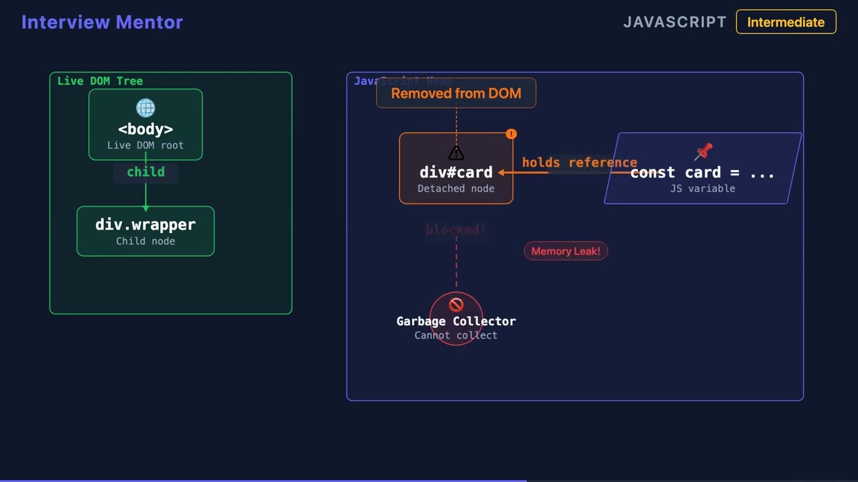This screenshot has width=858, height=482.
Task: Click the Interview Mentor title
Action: point(102,22)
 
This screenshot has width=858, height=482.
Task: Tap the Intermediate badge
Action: point(786,22)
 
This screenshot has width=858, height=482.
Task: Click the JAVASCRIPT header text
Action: point(674,22)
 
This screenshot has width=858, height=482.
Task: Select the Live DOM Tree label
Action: point(100,81)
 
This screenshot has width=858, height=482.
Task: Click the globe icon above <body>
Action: point(145,108)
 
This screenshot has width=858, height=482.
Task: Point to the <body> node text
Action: point(145,129)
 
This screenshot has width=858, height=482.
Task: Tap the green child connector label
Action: point(145,172)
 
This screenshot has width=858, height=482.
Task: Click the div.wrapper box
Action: point(145,231)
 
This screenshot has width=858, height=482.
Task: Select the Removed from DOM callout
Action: point(456,94)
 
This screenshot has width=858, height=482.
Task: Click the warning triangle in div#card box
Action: point(456,153)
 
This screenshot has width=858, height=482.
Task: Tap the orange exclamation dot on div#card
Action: point(511,135)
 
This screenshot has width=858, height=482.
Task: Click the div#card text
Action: point(456,173)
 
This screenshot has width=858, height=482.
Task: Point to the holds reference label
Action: point(579,163)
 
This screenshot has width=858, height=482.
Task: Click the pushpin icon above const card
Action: point(704,152)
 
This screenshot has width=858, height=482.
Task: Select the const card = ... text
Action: point(702,173)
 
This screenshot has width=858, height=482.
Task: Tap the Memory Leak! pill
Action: point(566,251)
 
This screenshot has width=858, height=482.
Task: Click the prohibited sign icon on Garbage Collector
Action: point(456,305)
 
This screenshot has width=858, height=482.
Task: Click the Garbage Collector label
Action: point(456,321)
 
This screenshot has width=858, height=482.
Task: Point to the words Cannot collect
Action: point(456,335)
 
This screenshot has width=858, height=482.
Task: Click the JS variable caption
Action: point(702,189)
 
